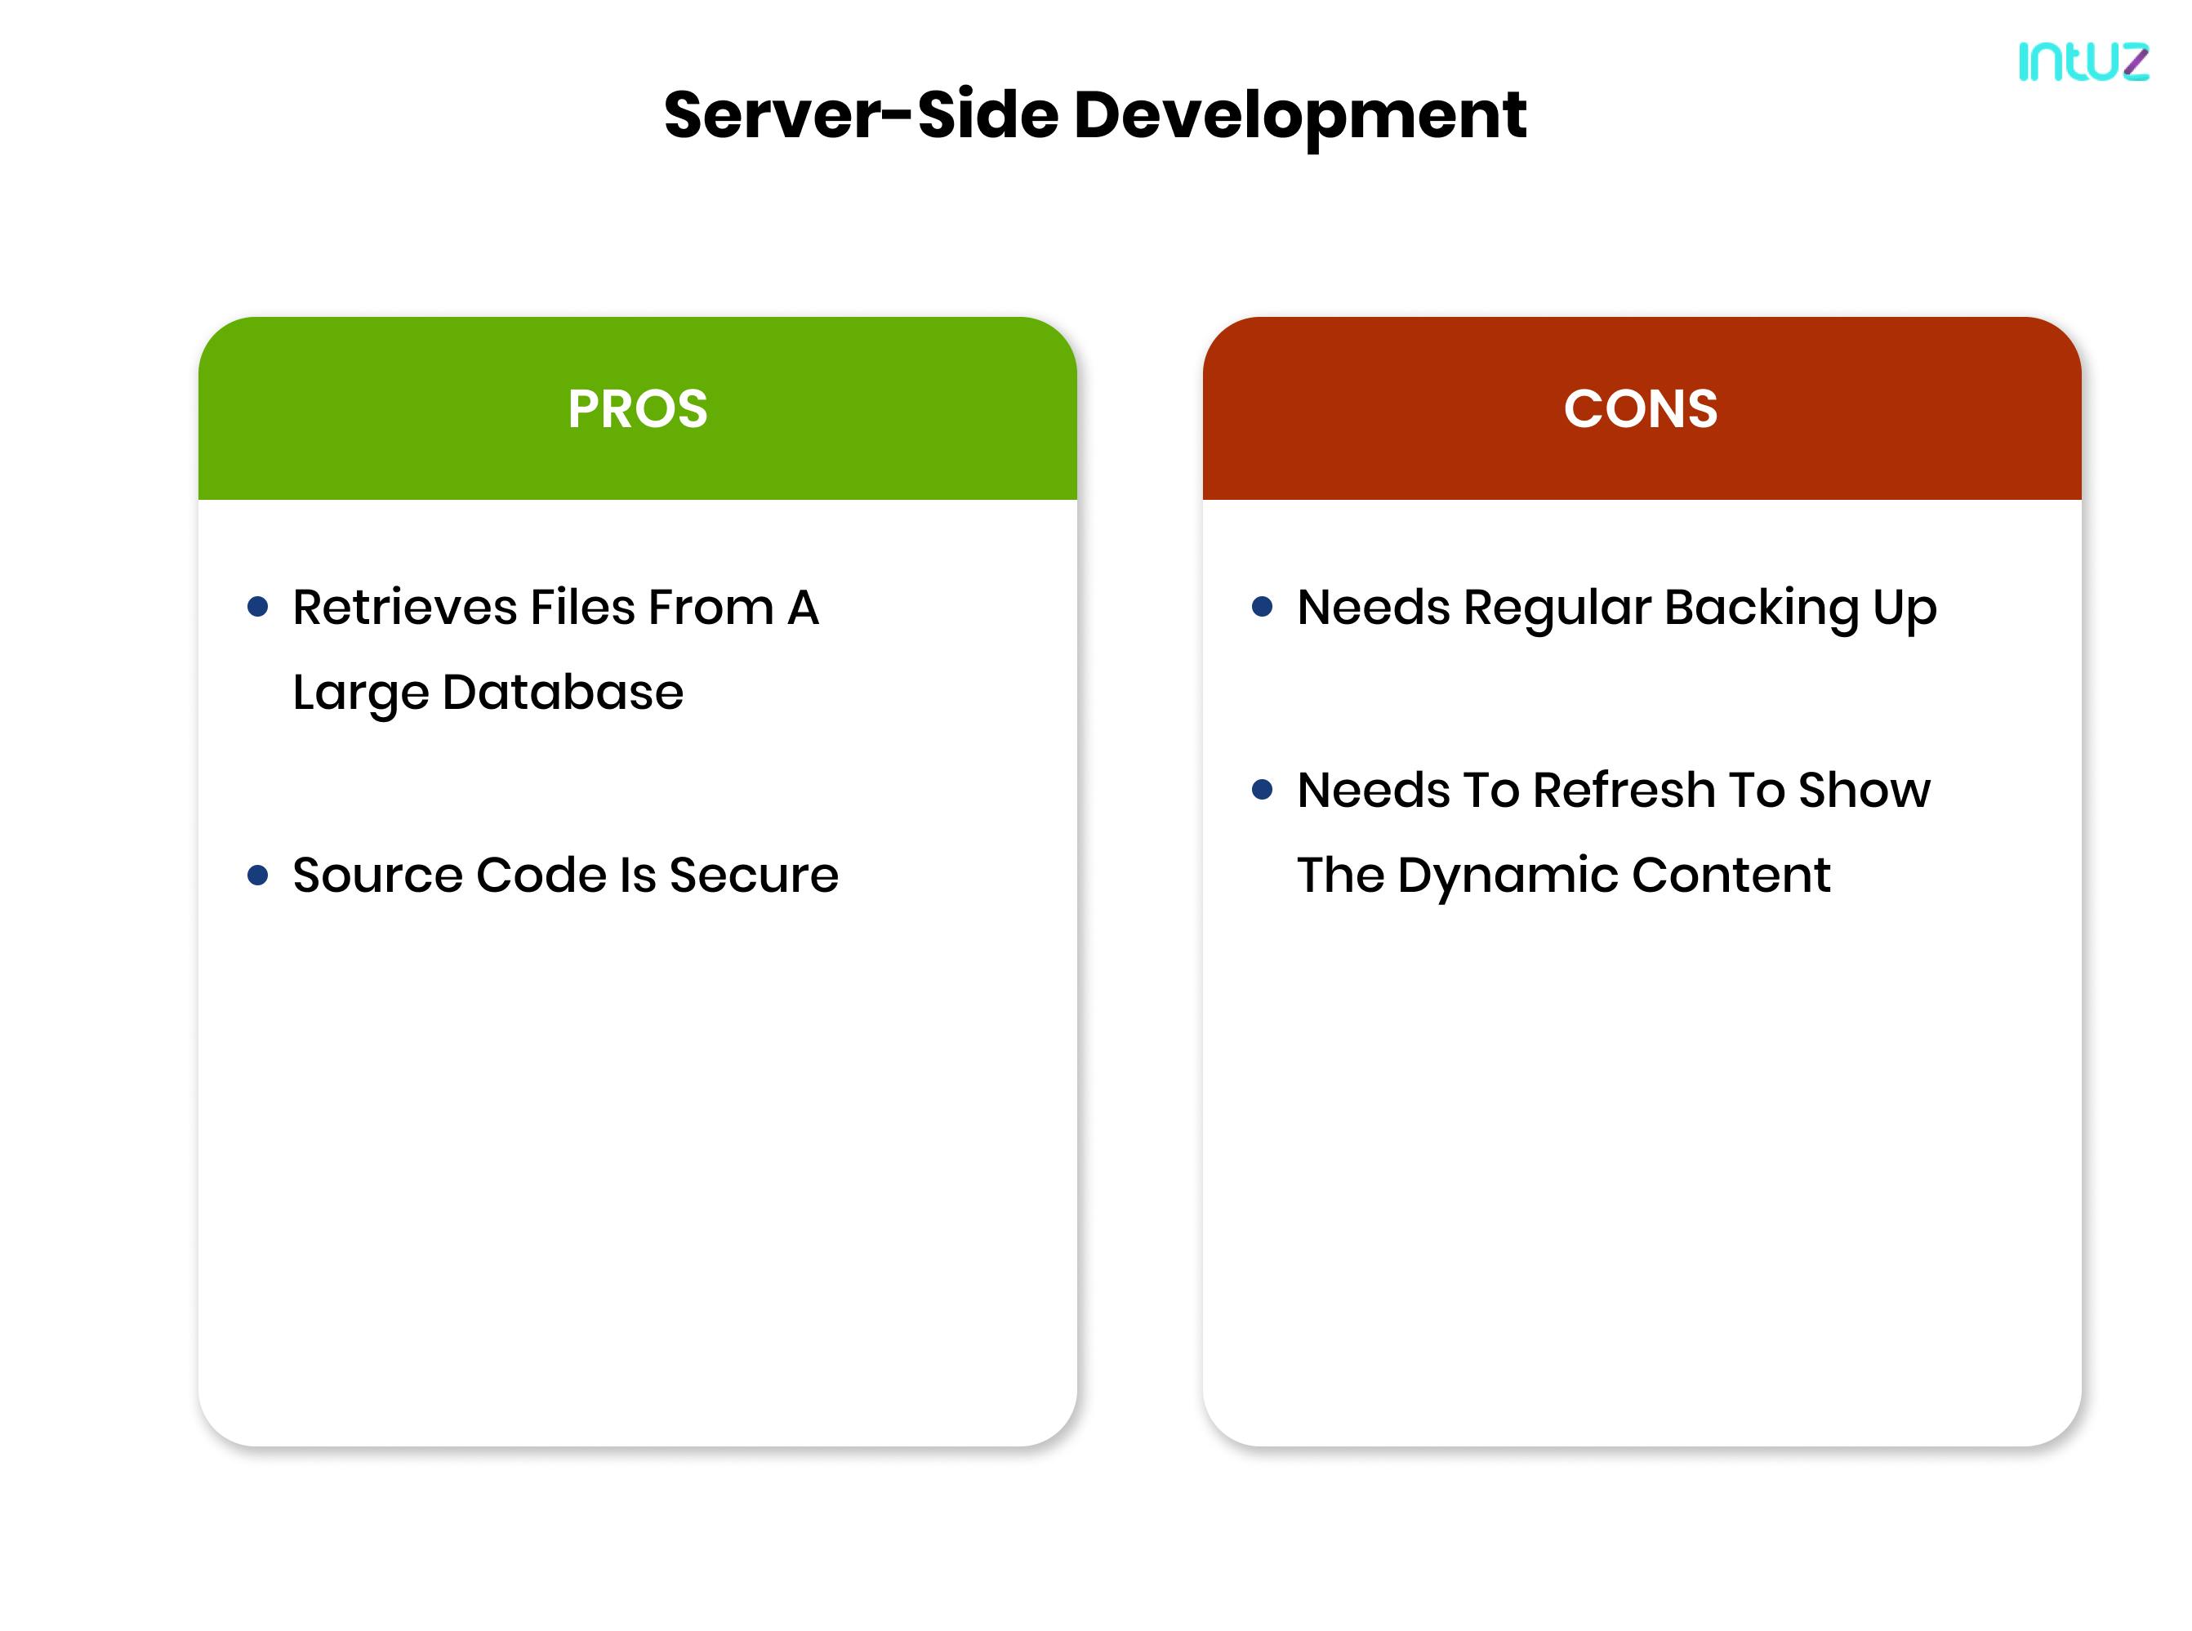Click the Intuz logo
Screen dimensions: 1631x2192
click(2083, 61)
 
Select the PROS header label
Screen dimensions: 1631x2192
click(638, 408)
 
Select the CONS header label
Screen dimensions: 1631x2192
click(1640, 408)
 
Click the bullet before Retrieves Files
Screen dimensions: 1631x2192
click(258, 606)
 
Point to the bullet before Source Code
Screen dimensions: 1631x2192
click(258, 875)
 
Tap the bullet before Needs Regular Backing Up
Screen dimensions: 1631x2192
click(1262, 606)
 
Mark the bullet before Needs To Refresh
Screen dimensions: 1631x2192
click(1262, 790)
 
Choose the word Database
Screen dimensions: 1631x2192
click(563, 692)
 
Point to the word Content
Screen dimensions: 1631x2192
click(1731, 876)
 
